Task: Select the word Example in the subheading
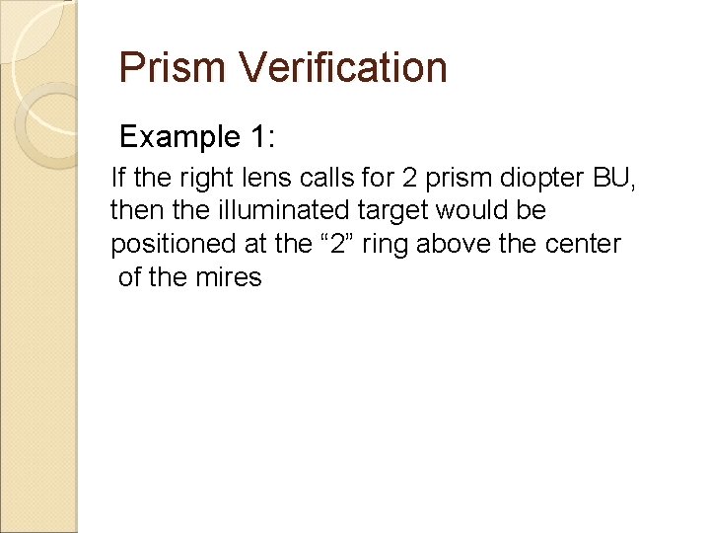point(177,136)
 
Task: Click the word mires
point(230,277)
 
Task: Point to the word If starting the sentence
point(118,179)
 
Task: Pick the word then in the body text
point(131,211)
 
